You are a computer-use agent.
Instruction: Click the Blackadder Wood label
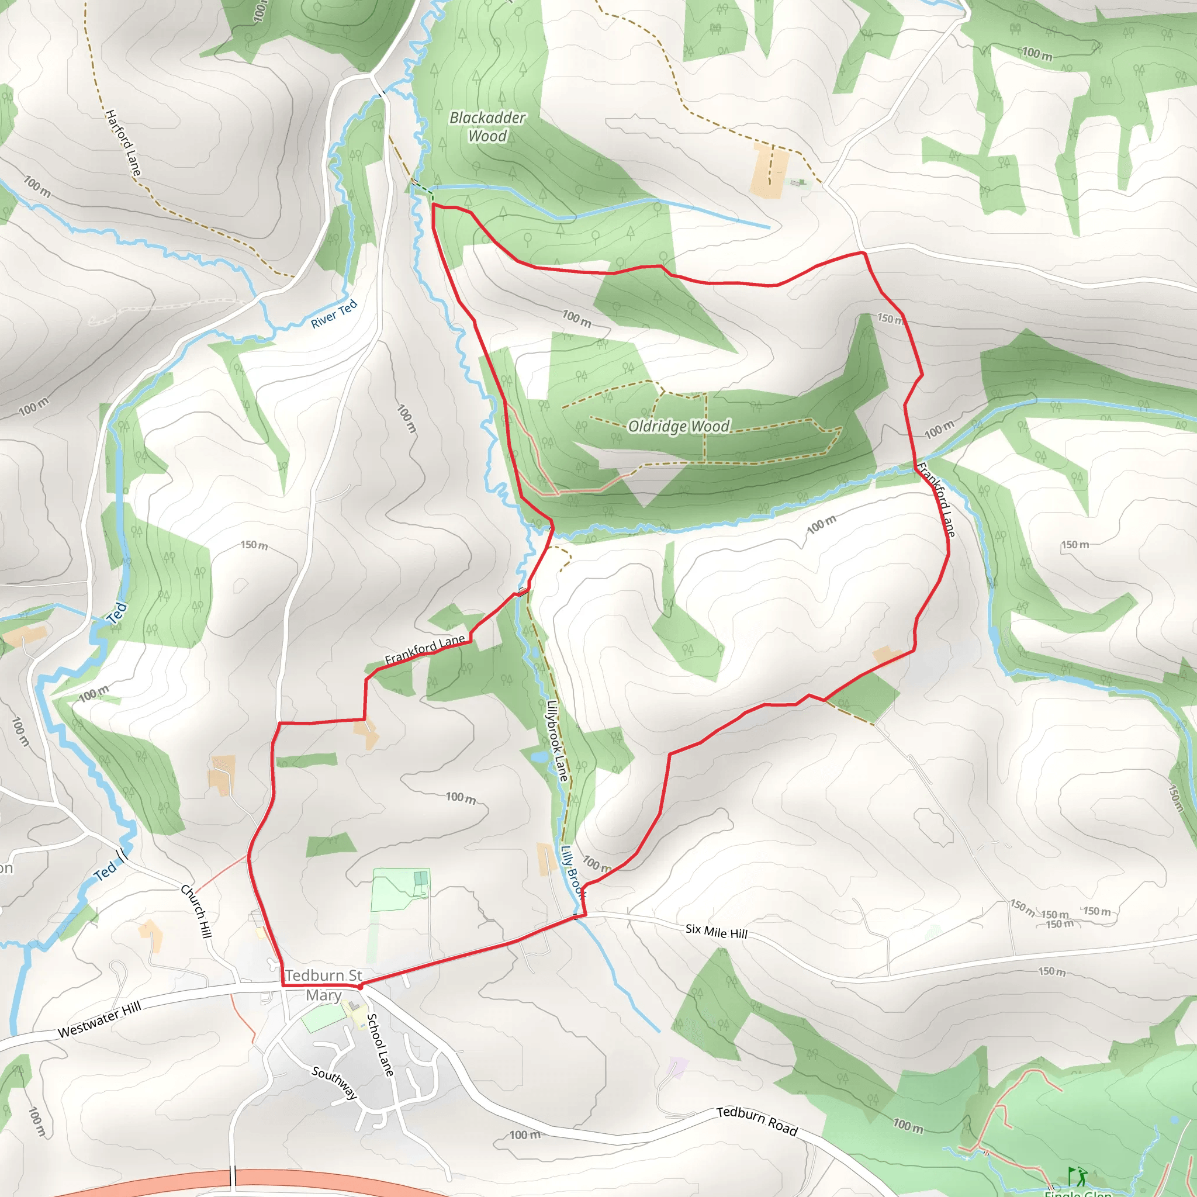coord(487,127)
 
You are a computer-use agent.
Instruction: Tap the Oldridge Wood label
coord(679,426)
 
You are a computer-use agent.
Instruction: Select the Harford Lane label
coord(123,143)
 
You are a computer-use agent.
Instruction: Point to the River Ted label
coord(334,313)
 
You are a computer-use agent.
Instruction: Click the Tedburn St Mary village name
coord(323,985)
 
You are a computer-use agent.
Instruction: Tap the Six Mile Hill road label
coord(716,931)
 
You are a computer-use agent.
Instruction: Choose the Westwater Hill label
coord(100,1019)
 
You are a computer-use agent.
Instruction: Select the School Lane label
coord(380,1044)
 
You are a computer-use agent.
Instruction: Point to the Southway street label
coord(334,1082)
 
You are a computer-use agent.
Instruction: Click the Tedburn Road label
coord(756,1121)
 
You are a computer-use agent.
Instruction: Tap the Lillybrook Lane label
coord(557,741)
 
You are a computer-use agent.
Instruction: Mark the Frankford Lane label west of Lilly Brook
coord(424,649)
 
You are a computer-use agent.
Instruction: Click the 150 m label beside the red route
coord(890,319)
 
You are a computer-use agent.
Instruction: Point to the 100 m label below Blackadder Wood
coord(576,319)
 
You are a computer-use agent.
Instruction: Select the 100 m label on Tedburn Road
coord(524,1135)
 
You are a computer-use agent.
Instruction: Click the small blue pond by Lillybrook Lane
coord(538,757)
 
